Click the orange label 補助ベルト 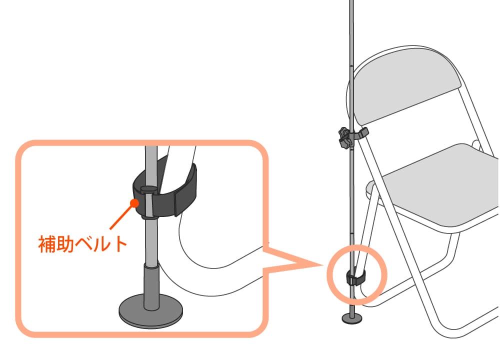[82, 244]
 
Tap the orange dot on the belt [134, 202]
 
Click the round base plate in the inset [151, 312]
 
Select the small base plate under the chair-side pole [352, 317]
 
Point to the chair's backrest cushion [406, 86]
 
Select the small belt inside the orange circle [355, 277]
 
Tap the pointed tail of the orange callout [320, 264]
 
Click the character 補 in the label [47, 244]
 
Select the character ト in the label [121, 244]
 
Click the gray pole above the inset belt [151, 166]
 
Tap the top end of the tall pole [351, 0]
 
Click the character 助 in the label [64, 244]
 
